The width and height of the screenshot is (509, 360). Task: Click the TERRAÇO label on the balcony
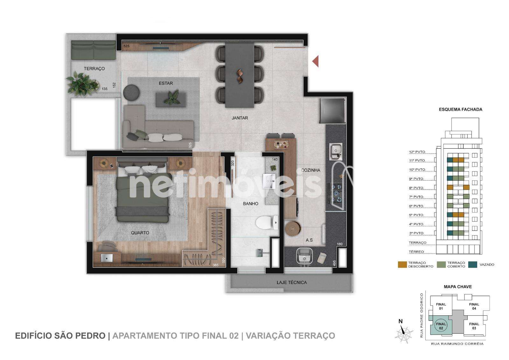pyautogui.click(x=94, y=69)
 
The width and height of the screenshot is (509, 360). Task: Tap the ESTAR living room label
pyautogui.click(x=166, y=83)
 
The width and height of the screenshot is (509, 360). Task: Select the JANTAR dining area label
pyautogui.click(x=240, y=118)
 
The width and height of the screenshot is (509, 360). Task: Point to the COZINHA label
pyautogui.click(x=310, y=170)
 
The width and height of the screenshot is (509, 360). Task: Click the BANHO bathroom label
pyautogui.click(x=250, y=203)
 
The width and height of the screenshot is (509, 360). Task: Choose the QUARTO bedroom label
pyautogui.click(x=140, y=233)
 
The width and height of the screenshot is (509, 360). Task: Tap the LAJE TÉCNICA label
pyautogui.click(x=291, y=282)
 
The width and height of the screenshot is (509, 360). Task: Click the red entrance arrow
pyautogui.click(x=315, y=61)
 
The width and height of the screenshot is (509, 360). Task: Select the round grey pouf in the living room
pyautogui.click(x=131, y=92)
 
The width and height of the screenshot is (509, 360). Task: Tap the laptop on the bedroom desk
pyautogui.click(x=107, y=258)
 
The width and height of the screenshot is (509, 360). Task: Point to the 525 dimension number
pyautogui.click(x=126, y=46)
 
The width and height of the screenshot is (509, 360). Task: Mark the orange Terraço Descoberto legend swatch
pyautogui.click(x=402, y=265)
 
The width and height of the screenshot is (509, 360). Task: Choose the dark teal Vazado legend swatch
pyautogui.click(x=473, y=265)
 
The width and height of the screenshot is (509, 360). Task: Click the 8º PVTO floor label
pyautogui.click(x=416, y=188)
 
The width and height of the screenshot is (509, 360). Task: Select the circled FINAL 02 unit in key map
pyautogui.click(x=441, y=326)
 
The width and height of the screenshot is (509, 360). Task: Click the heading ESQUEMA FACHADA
pyautogui.click(x=460, y=109)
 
